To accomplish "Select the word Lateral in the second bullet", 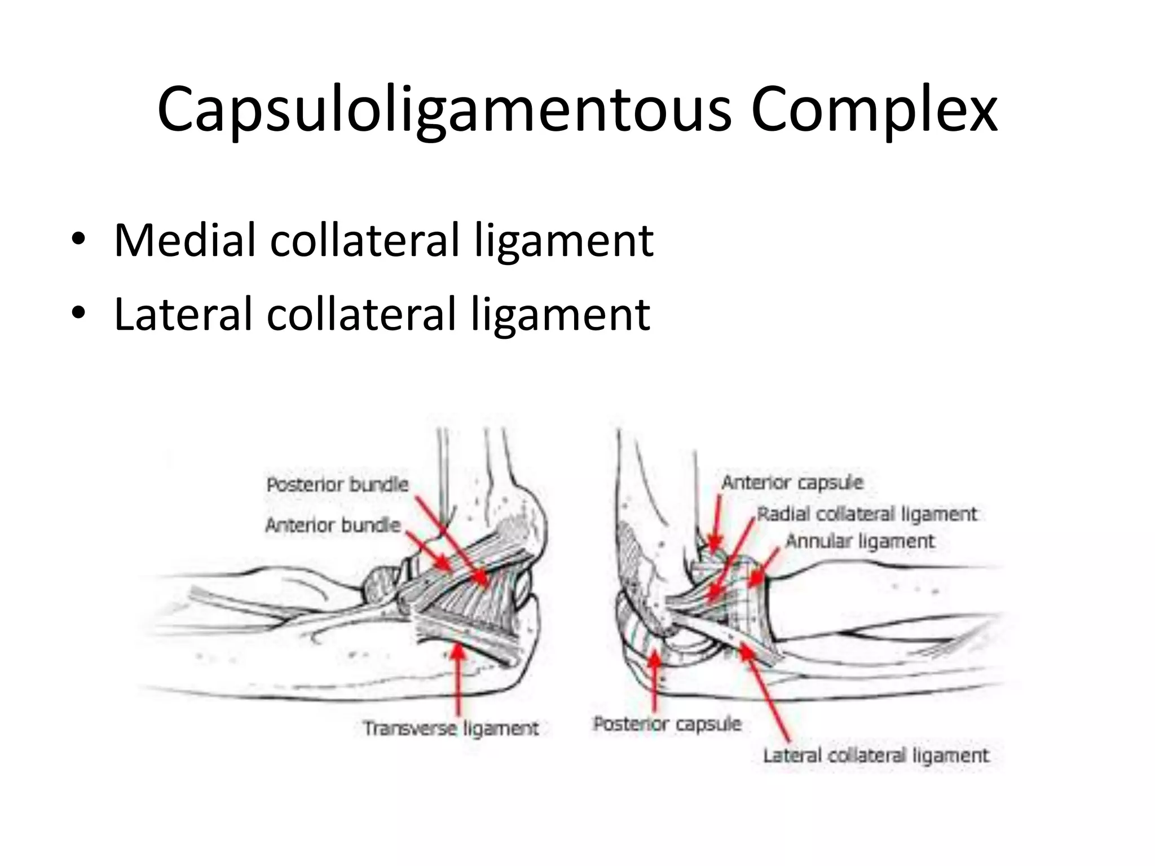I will [x=183, y=314].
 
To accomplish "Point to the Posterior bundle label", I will [x=337, y=484].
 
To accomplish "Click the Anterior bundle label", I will [x=333, y=525].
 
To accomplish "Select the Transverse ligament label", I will [x=451, y=728].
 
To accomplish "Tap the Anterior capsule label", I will [x=792, y=483].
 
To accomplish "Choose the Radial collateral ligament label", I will [x=867, y=514].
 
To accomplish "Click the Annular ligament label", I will [x=860, y=541].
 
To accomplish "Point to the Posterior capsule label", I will [x=667, y=724].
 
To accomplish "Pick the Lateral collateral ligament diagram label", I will [x=876, y=755].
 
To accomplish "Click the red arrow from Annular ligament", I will [x=765, y=567].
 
